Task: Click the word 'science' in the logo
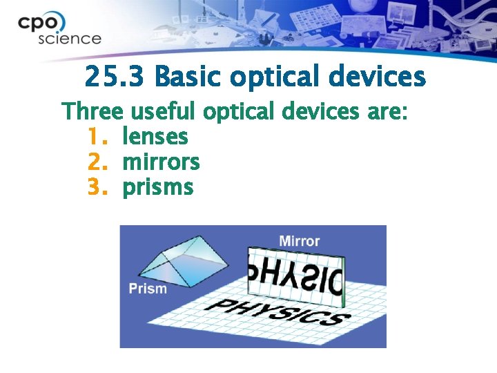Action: tap(69, 39)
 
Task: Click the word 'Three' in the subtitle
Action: tap(92, 111)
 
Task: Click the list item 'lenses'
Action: tap(155, 137)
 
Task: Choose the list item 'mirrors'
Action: tap(161, 162)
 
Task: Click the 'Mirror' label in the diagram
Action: tap(299, 240)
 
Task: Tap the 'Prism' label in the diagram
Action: tap(148, 287)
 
